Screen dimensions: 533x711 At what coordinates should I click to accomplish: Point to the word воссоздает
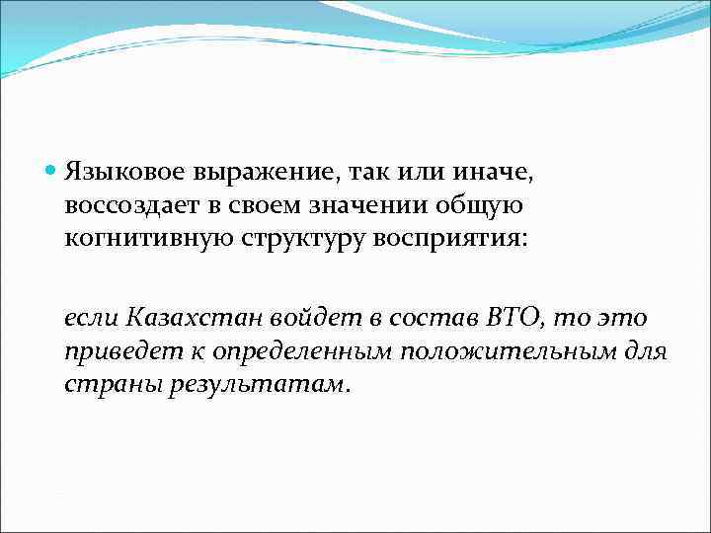(125, 206)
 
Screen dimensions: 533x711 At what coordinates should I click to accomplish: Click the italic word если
(92, 317)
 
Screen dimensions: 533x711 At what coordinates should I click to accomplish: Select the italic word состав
(413, 317)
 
